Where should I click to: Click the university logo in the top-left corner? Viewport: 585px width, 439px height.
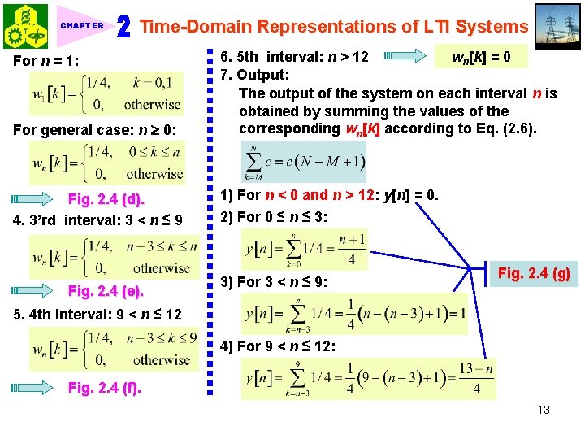pos(26,26)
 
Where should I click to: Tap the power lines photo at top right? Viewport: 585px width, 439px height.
pos(559,26)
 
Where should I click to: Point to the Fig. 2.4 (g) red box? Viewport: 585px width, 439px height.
pos(534,274)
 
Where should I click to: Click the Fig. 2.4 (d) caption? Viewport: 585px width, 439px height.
pos(106,199)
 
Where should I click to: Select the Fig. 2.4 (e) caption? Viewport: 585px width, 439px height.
pos(106,291)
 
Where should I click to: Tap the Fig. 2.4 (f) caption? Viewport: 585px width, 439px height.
pos(104,388)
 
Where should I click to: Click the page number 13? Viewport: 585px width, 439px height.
pos(544,410)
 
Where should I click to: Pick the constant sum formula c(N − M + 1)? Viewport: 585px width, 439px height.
pos(305,163)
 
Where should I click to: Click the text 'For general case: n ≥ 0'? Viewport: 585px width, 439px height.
pos(97,130)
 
